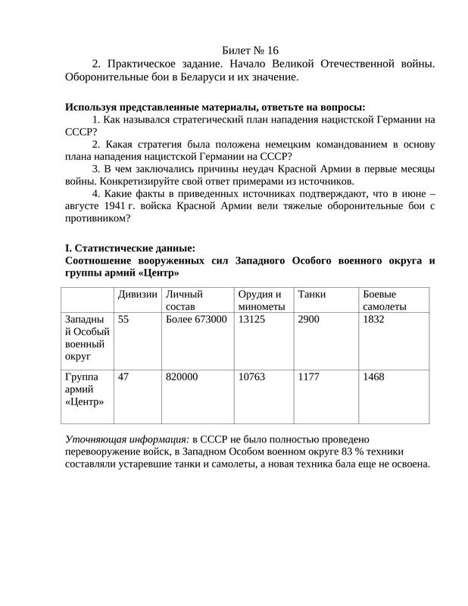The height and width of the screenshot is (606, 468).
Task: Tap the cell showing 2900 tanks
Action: tap(309, 320)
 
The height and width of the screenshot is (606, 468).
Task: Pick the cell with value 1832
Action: tap(374, 320)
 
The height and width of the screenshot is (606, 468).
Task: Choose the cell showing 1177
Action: tap(309, 376)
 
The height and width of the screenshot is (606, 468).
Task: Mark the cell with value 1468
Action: tap(374, 376)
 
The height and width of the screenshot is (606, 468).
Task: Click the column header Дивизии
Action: tap(137, 294)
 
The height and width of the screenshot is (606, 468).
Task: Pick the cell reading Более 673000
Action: tap(195, 320)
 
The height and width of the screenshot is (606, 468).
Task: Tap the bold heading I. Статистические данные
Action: tap(130, 248)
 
